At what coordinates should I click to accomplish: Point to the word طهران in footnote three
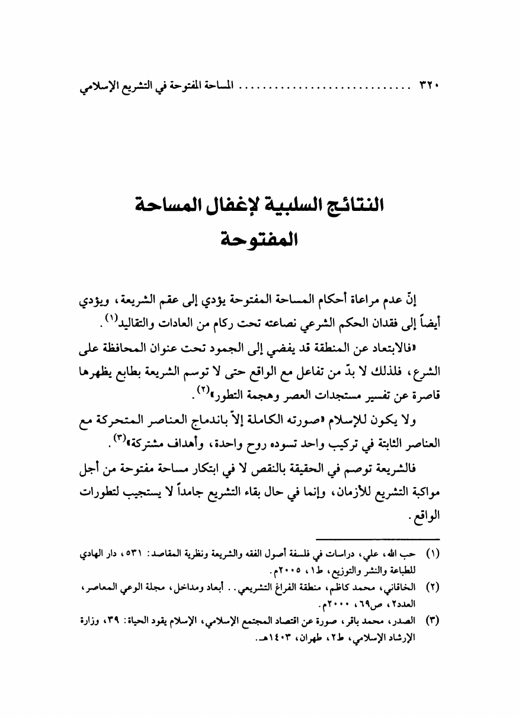coord(300,639)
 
